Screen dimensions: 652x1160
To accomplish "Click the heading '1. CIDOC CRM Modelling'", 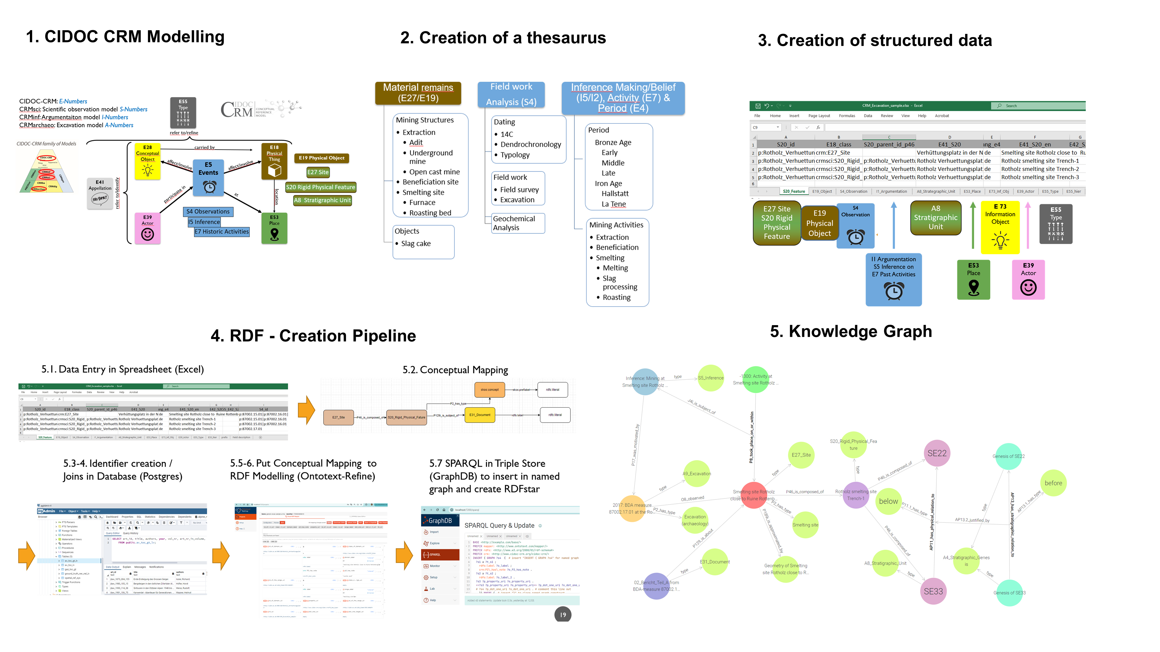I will (125, 37).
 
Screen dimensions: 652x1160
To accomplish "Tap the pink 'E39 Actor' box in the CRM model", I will (147, 228).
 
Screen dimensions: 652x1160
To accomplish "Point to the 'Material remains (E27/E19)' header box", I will (418, 93).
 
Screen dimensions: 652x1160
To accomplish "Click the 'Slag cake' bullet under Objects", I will (416, 243).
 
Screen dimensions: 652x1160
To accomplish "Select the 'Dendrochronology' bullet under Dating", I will (530, 144).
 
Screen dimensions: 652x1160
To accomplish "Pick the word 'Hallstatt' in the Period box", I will (615, 194).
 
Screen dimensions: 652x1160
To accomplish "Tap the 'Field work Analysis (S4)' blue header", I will (511, 94).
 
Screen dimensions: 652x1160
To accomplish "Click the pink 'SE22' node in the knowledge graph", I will (937, 454).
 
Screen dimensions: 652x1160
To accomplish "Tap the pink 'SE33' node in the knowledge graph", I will (933, 591).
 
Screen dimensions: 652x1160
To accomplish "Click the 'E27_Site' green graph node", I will (801, 455).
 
